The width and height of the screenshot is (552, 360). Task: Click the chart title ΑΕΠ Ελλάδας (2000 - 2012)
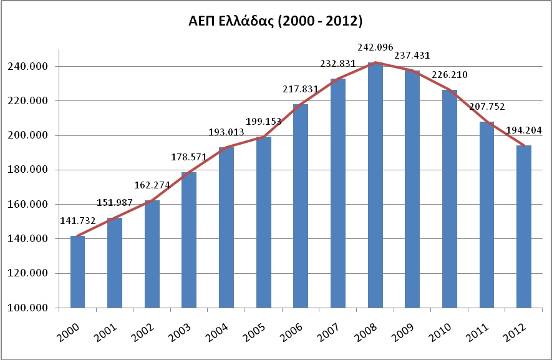pos(275,21)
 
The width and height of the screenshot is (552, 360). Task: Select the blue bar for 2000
pos(77,271)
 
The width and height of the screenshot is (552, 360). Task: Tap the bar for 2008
pos(375,185)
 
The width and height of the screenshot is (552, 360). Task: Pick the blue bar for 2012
pos(524,226)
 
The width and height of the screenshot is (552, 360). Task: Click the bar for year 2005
pos(264,222)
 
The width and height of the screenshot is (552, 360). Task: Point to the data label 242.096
pos(375,47)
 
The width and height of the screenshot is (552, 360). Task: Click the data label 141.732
pos(78,221)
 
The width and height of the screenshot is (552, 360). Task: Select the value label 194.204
pos(524,130)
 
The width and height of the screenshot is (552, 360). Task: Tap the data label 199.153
pos(264,122)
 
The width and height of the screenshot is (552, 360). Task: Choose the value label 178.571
pos(189,157)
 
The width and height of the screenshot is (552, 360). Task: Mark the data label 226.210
pos(450,75)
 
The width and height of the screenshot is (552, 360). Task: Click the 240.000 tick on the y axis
pos(27,67)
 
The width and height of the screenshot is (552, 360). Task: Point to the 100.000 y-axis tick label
pos(27,308)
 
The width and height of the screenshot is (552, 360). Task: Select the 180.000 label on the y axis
pos(27,170)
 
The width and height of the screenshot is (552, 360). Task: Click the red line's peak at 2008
pos(375,62)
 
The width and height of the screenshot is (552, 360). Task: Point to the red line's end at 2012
pos(524,145)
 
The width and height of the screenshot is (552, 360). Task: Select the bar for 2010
pos(450,199)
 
